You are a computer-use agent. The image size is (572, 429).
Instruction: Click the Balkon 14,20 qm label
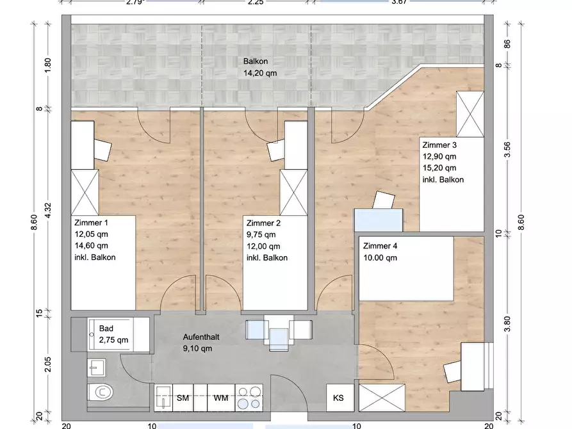click(260, 67)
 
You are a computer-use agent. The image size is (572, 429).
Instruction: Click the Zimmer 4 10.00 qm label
click(380, 252)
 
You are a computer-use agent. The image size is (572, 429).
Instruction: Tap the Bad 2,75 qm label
click(113, 334)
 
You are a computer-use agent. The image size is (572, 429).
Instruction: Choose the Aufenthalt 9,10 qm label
click(201, 343)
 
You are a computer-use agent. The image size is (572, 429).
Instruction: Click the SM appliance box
click(183, 398)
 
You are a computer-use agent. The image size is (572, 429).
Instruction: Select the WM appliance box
click(221, 398)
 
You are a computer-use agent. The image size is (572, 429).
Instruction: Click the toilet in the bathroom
click(101, 393)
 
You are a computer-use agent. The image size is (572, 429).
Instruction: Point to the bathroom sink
click(97, 368)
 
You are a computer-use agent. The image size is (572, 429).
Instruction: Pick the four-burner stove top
click(249, 398)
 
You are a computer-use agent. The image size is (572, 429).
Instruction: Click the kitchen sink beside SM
click(163, 398)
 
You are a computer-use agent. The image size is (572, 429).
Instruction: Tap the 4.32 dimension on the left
click(48, 210)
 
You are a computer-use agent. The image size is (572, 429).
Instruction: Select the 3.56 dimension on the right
click(507, 150)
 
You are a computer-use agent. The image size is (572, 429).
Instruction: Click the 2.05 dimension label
click(48, 364)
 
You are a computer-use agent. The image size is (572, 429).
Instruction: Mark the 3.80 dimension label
click(507, 324)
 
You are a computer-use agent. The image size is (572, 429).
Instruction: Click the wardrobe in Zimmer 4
click(382, 398)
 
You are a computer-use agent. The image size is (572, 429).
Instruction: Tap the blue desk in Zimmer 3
click(379, 220)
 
